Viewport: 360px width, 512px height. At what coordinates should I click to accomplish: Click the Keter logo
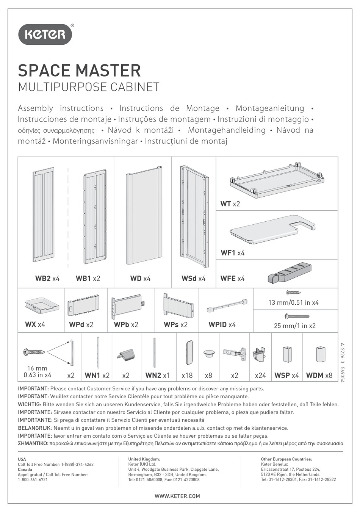(x=45, y=34)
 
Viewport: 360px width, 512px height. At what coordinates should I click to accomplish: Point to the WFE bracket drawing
(x=290, y=274)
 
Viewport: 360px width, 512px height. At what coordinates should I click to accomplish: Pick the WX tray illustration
(x=42, y=306)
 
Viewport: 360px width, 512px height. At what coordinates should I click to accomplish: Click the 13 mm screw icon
(x=293, y=292)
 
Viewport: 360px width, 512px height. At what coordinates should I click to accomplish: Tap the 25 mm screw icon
(x=297, y=316)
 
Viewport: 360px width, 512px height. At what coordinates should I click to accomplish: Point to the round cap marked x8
(x=209, y=353)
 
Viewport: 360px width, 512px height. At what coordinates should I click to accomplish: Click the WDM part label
(x=315, y=375)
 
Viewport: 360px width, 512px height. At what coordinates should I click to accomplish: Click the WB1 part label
(x=83, y=279)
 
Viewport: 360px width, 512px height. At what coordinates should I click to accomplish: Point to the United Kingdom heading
(x=144, y=459)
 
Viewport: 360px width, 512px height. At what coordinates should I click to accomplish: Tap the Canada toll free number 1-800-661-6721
(x=33, y=479)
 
